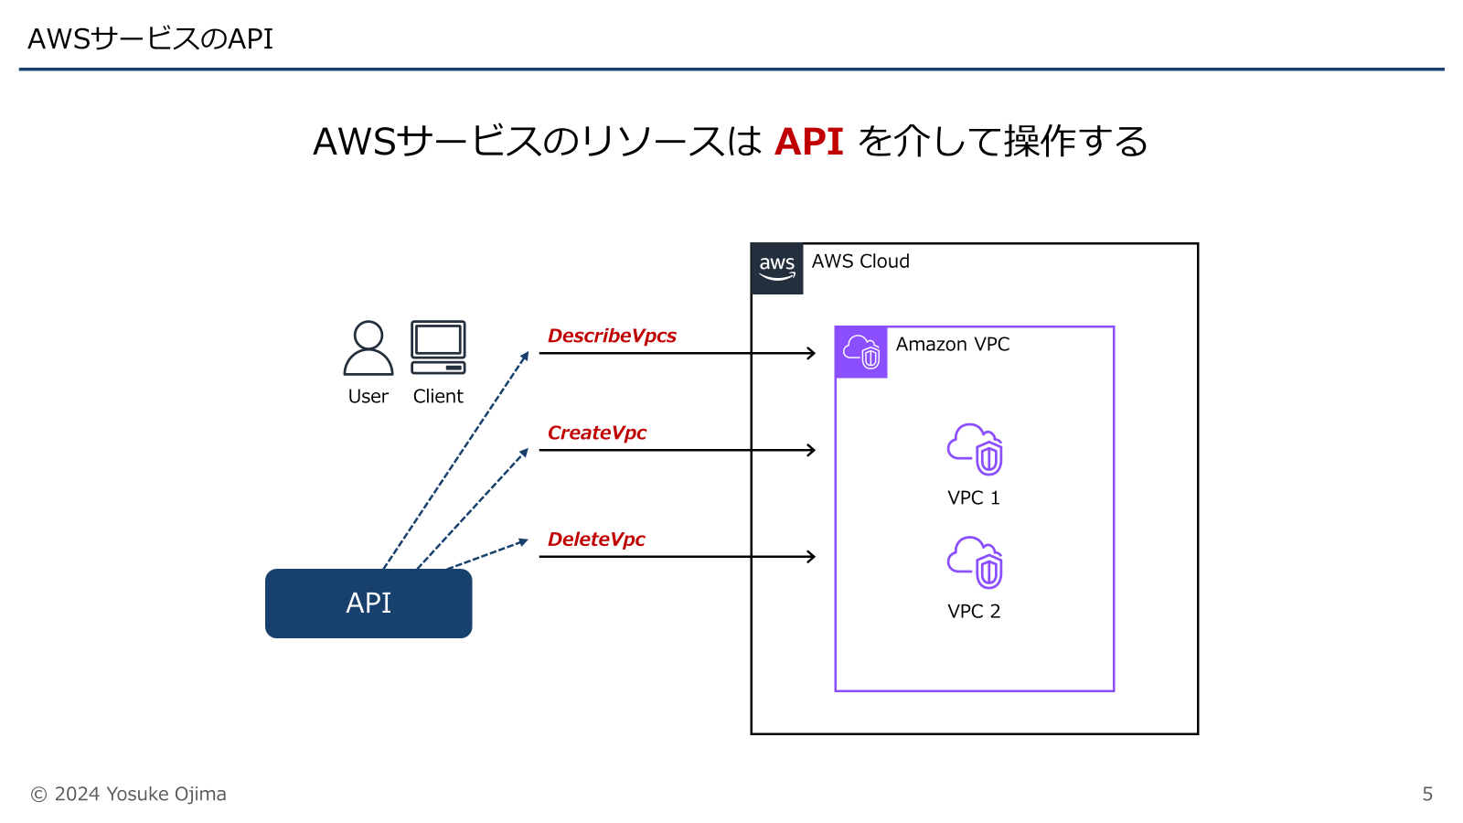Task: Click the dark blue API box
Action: (x=368, y=604)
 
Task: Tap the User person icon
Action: (x=368, y=347)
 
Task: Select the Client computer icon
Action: (x=438, y=347)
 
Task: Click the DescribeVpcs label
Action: (x=612, y=336)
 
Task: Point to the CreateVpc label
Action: (x=596, y=433)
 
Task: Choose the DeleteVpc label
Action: (x=596, y=540)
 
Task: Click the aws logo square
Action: (x=776, y=269)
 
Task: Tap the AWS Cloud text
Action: (x=860, y=262)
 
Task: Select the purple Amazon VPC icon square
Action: (x=860, y=352)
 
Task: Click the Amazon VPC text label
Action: (x=953, y=345)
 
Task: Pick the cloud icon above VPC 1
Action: (x=975, y=449)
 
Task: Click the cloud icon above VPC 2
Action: (x=975, y=562)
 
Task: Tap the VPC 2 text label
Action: (x=974, y=612)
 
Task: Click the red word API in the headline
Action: (x=808, y=142)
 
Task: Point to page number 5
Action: (x=1427, y=794)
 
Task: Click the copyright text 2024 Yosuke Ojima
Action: (x=129, y=794)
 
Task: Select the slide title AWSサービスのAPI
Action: (x=151, y=38)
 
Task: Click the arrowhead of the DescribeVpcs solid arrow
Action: (x=811, y=353)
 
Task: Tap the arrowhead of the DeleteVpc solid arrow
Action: (x=811, y=556)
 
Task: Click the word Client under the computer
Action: (x=438, y=397)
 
